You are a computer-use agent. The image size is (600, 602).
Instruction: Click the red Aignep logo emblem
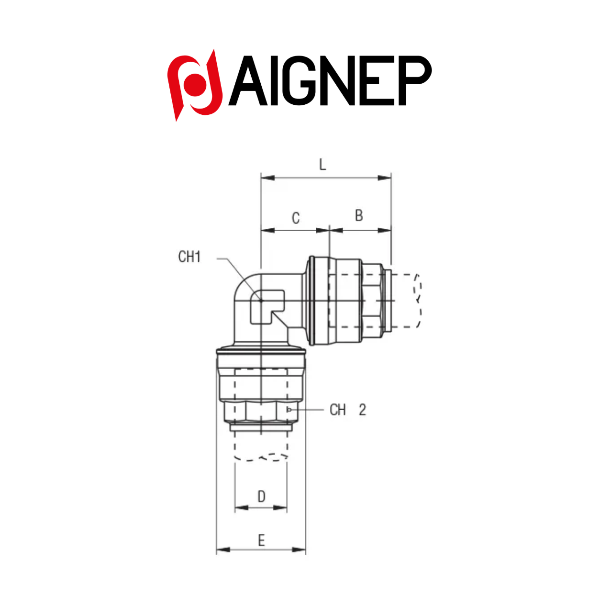point(195,85)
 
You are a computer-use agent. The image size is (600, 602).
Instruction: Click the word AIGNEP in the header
point(330,80)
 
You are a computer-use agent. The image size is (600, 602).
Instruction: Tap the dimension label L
point(322,164)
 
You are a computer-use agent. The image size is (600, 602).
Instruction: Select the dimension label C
point(296,218)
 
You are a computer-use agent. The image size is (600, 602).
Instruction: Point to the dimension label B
point(359,215)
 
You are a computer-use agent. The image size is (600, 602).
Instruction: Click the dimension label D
point(261,496)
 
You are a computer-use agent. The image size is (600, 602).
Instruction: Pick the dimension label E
point(261,540)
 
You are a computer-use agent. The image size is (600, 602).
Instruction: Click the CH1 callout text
point(189,257)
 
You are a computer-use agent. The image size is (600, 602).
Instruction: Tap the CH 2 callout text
point(348,410)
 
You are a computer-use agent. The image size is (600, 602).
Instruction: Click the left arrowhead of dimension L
point(268,178)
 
